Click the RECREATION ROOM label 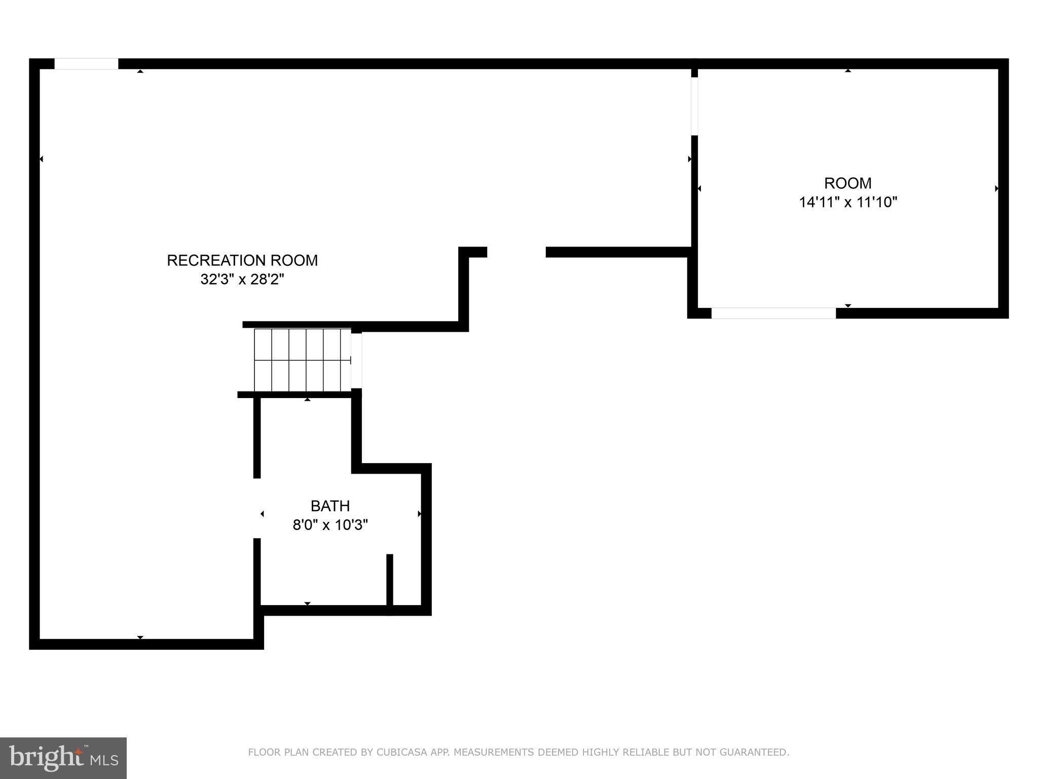242,260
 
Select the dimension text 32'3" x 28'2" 242,279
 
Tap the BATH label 330,506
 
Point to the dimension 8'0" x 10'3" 330,524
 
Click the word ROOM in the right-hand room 848,183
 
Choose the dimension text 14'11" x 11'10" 848,202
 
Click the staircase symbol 303,360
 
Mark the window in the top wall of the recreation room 86,64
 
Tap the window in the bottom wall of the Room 773,313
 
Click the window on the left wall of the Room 694,106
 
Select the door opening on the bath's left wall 257,508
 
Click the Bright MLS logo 63,758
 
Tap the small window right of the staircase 357,360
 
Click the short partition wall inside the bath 390,583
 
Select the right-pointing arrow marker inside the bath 419,514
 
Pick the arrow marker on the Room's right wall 996,188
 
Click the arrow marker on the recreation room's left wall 41,159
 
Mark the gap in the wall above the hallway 516,252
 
